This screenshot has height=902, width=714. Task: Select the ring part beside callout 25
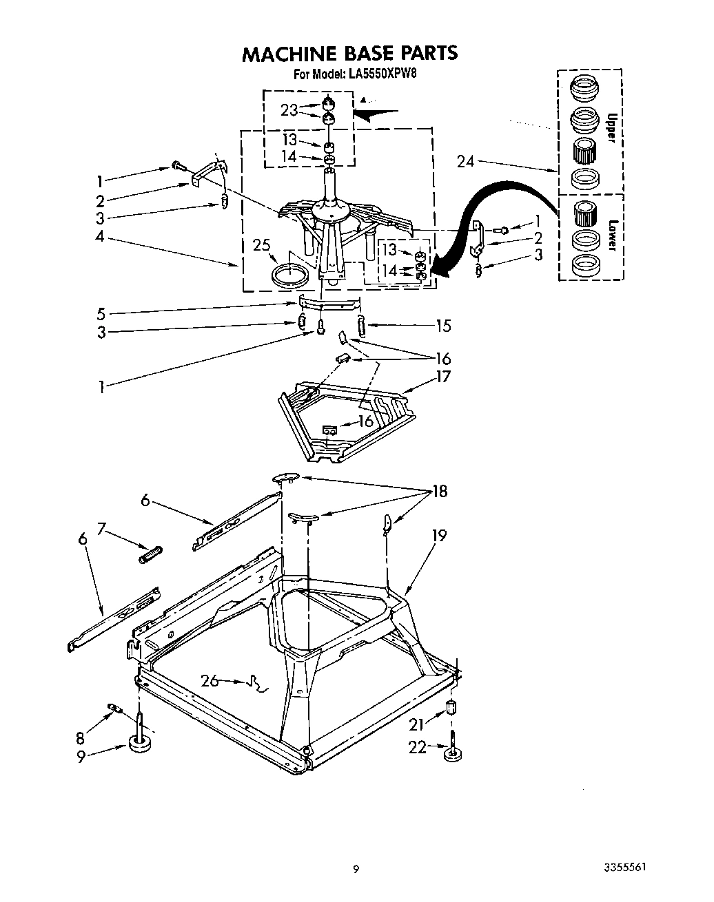tap(291, 276)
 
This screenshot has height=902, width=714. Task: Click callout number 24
tap(466, 162)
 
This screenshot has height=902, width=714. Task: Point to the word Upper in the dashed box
tap(609, 127)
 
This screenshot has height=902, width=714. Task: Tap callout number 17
tap(442, 377)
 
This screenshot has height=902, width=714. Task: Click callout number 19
tap(439, 535)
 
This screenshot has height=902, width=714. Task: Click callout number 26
tap(210, 681)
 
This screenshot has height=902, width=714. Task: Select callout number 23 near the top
tap(289, 110)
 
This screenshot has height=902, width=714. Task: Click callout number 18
tap(439, 492)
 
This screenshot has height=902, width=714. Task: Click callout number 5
tap(101, 314)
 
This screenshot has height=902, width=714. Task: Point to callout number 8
tap(80, 738)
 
